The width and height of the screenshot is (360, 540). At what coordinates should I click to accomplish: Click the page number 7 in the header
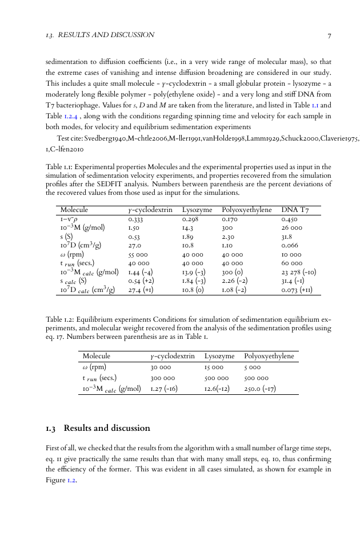pos(329,35)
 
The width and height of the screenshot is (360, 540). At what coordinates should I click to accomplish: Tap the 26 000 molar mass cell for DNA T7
pos(292,227)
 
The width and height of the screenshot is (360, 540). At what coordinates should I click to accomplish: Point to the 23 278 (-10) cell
pos(299,273)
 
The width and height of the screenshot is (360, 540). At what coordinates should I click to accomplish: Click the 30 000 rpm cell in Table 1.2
pos(161,367)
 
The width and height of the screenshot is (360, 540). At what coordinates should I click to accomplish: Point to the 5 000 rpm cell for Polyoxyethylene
pos(252,367)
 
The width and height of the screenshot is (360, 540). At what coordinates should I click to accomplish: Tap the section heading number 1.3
pos(51,429)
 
